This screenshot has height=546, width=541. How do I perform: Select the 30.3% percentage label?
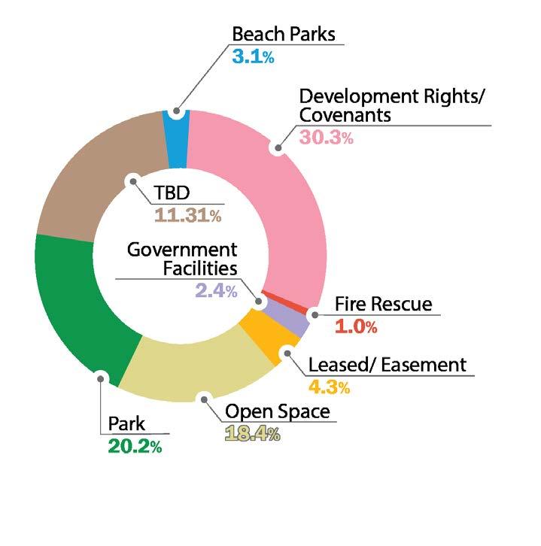pyautogui.click(x=327, y=137)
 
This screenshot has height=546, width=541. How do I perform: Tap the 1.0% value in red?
pyautogui.click(x=355, y=326)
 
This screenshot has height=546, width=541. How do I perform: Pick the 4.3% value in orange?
pyautogui.click(x=330, y=388)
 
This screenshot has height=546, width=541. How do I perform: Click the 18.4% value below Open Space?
pyautogui.click(x=252, y=434)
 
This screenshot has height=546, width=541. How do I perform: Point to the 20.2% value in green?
pyautogui.click(x=135, y=446)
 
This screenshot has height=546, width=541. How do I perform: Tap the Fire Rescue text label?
pyautogui.click(x=383, y=304)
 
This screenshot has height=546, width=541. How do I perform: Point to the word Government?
pyautogui.click(x=181, y=249)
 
